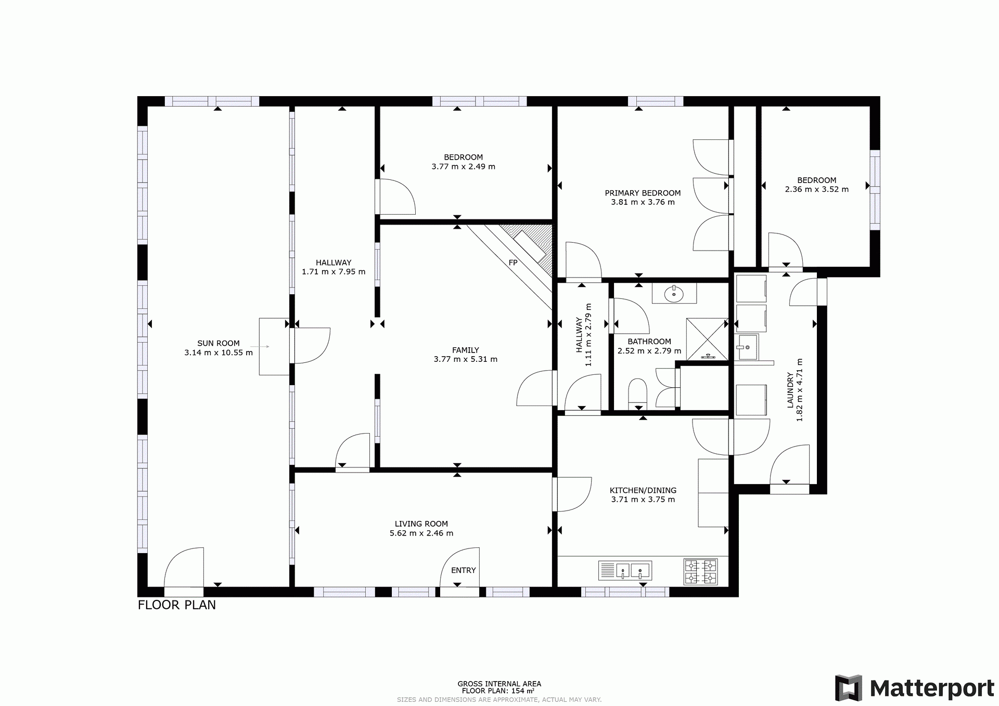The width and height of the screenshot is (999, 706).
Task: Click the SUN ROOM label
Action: click(219, 343)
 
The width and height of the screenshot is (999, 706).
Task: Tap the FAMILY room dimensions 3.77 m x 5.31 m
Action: click(466, 359)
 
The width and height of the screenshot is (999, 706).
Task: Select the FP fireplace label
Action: click(513, 263)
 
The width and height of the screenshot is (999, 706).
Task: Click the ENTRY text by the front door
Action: click(464, 570)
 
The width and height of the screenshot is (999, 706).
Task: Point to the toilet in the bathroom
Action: click(637, 392)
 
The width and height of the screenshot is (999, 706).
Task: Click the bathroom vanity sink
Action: click(674, 293)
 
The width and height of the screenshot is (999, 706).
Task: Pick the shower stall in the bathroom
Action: click(707, 339)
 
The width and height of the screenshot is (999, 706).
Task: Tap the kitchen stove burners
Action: click(700, 571)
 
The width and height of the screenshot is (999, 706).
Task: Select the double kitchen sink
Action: click(625, 570)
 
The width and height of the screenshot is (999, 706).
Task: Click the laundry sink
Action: click(748, 347)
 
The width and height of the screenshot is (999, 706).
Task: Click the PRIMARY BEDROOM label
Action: click(643, 193)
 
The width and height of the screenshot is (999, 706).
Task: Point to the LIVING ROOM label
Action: click(421, 524)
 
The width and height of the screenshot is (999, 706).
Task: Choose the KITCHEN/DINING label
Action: click(643, 490)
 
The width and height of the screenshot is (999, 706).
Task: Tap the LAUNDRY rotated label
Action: click(790, 390)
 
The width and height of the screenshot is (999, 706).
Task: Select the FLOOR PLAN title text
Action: click(177, 605)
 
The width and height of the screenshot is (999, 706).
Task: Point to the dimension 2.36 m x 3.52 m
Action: click(817, 190)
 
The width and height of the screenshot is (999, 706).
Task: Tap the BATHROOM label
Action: click(649, 342)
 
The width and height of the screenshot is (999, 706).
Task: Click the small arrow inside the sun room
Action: click(260, 346)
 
